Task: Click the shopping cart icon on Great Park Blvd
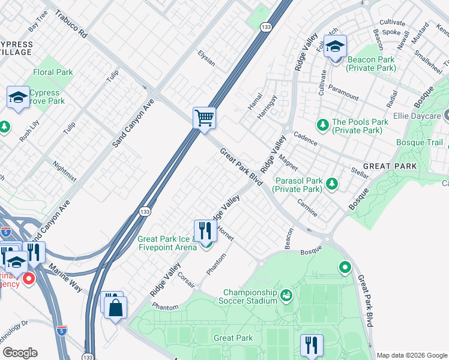point(204,118)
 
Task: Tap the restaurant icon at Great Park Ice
point(205,230)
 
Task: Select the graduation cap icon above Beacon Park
point(335,46)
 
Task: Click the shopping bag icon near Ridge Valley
point(115,308)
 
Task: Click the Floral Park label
point(53,73)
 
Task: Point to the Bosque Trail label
point(418,142)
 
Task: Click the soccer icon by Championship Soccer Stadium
point(286,295)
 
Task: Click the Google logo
point(20,353)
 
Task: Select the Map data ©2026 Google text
point(412,355)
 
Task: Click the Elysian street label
point(206,58)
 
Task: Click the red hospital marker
point(28,278)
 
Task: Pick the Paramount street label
point(343,95)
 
